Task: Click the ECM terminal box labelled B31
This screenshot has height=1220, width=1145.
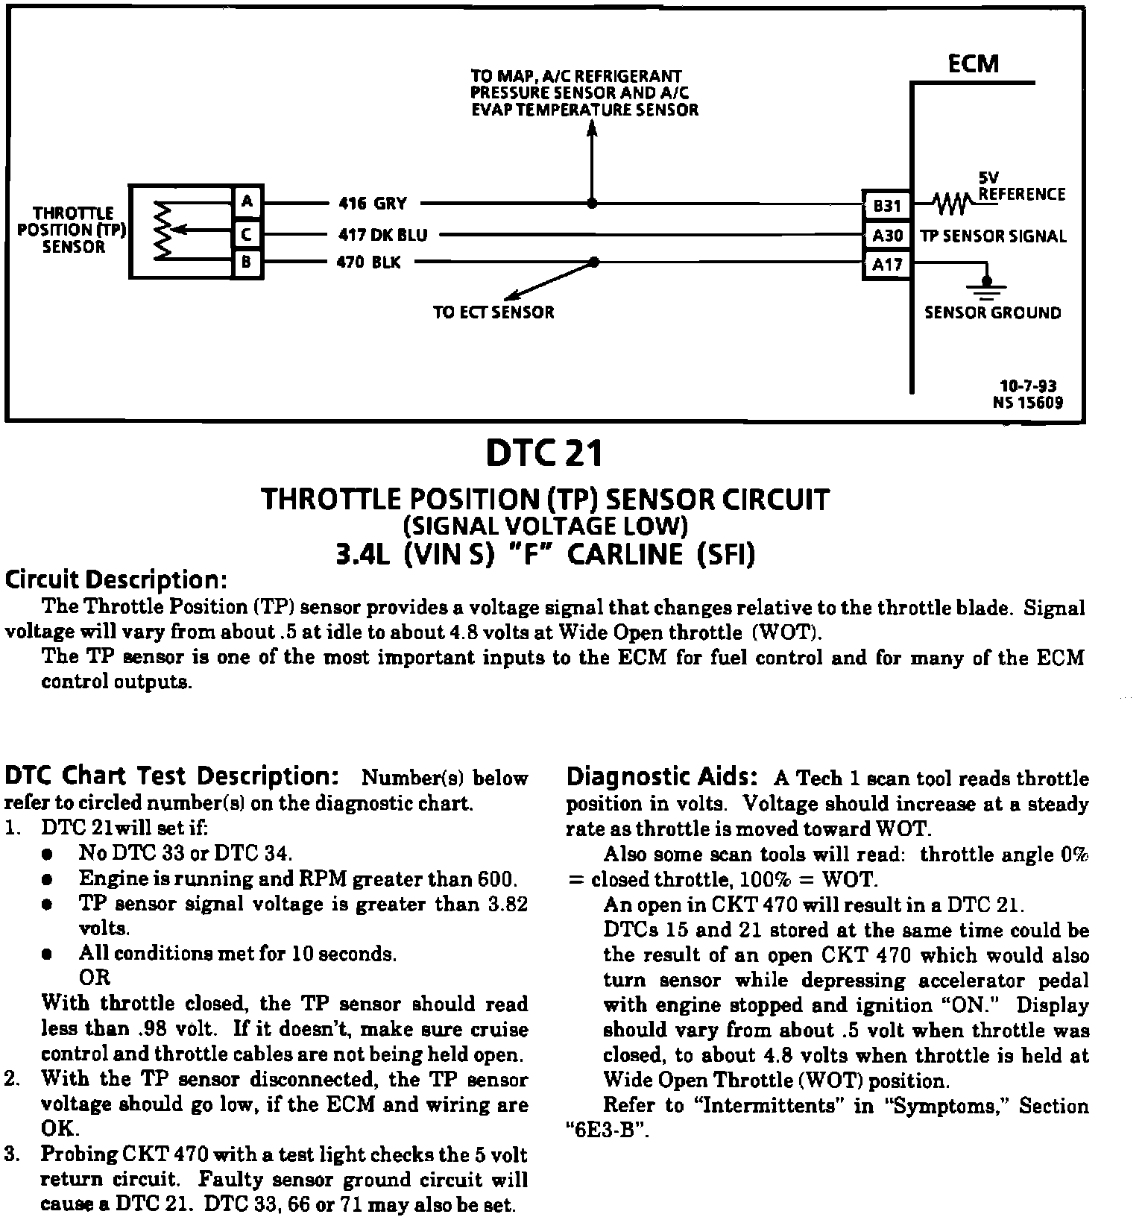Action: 887,204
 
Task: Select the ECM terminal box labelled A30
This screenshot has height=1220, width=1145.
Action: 887,236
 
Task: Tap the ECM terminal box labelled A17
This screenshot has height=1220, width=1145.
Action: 887,264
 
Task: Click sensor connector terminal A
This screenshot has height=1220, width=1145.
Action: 247,201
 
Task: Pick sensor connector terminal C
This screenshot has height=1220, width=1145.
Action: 247,235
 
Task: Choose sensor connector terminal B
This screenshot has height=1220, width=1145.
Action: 247,263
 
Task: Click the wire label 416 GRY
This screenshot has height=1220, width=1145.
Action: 373,204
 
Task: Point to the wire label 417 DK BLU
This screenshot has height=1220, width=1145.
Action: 382,235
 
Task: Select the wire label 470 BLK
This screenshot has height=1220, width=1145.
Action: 369,262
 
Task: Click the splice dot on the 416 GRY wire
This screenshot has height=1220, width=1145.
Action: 592,203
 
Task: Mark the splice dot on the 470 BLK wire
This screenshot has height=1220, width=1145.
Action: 594,262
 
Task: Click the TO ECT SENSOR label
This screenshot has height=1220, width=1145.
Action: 493,312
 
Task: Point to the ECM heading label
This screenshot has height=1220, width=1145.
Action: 973,64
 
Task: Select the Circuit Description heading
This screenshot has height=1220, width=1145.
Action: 116,579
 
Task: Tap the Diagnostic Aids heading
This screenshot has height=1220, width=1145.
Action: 662,776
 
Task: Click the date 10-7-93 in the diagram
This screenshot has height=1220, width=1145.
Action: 1028,386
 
